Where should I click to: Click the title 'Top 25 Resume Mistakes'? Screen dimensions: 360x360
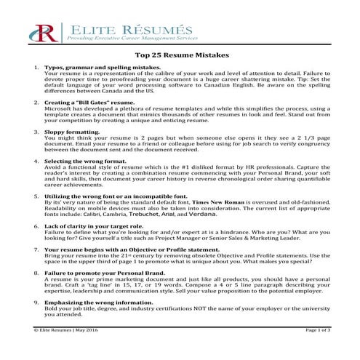click(179, 54)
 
